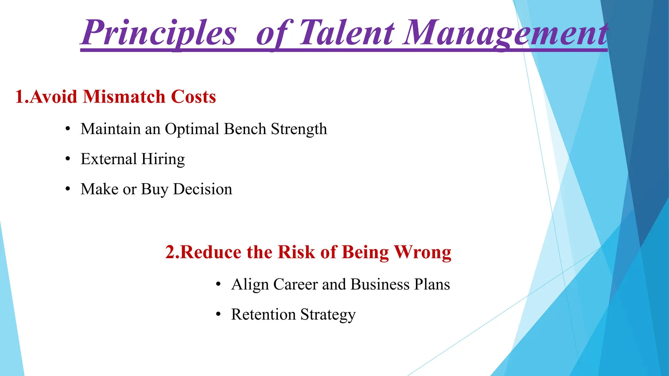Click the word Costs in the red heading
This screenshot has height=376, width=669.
pyautogui.click(x=193, y=97)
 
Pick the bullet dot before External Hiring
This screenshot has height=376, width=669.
pyautogui.click(x=68, y=159)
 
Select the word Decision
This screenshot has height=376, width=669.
pyautogui.click(x=203, y=189)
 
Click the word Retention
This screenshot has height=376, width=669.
pyautogui.click(x=263, y=314)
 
